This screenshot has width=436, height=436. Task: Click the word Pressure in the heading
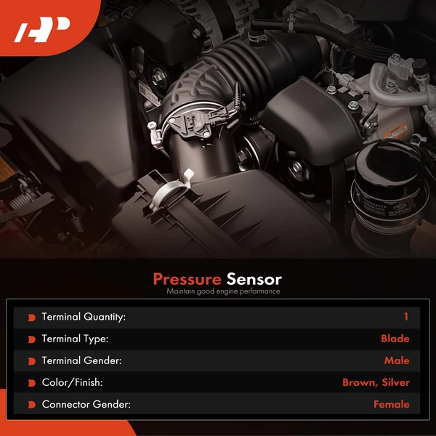(187, 279)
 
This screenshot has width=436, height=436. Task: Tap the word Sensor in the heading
(254, 279)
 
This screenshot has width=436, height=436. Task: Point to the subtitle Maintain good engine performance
(223, 291)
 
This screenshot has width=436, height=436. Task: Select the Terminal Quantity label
(84, 317)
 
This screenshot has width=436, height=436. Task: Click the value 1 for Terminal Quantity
(406, 317)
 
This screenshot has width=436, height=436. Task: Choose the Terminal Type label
(75, 339)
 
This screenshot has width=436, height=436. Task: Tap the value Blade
(395, 339)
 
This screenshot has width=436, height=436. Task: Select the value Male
(397, 360)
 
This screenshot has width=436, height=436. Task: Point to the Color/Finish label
(72, 382)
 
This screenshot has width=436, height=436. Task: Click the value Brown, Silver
(376, 382)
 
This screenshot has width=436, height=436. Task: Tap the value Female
(391, 404)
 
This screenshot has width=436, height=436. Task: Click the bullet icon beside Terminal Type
(31, 339)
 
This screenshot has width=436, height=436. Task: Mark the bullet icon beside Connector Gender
(31, 405)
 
